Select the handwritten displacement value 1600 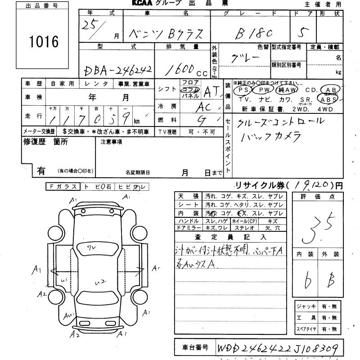(184, 68)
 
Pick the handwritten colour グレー (245, 59)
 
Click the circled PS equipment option (245, 90)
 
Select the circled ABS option (328, 99)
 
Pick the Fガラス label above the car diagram (63, 186)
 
